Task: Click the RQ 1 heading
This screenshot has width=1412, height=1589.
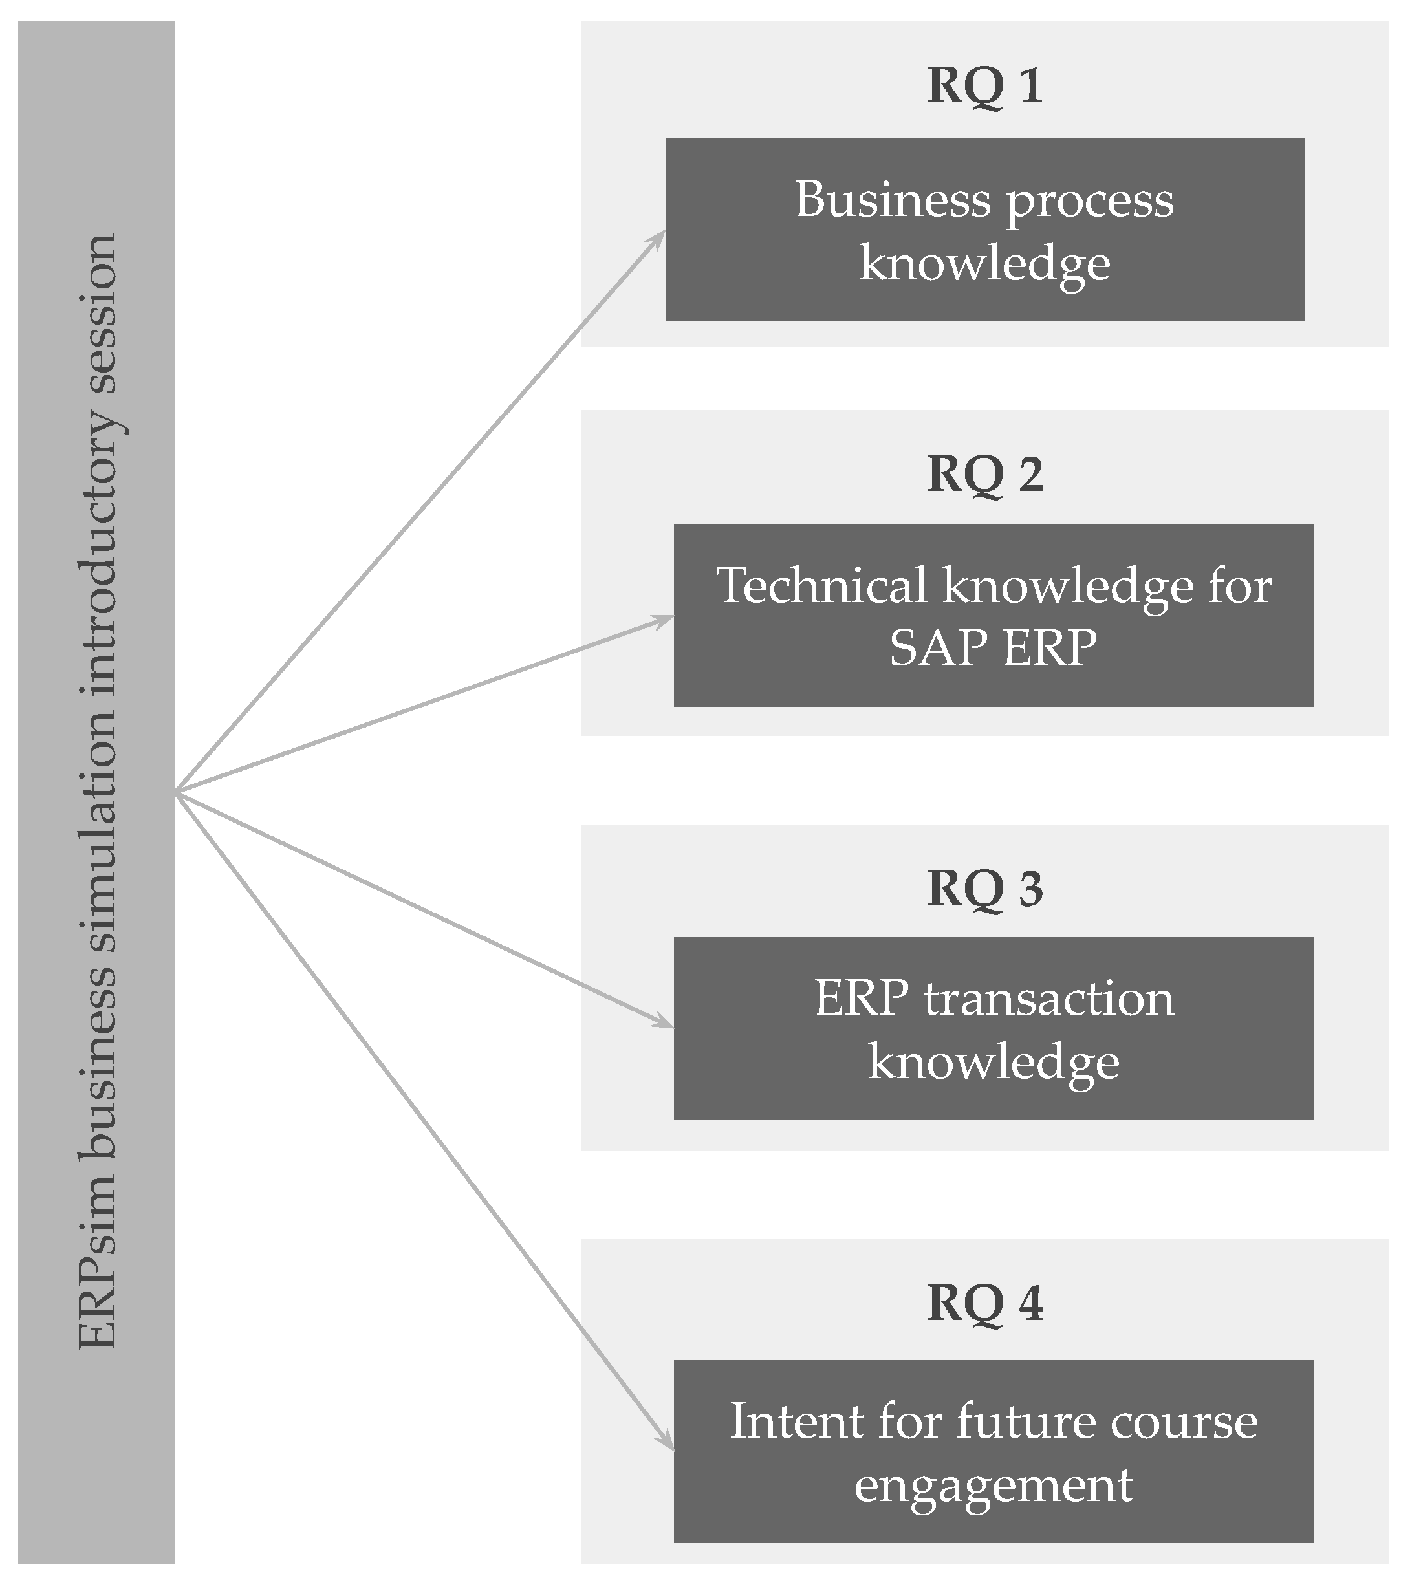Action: (x=984, y=85)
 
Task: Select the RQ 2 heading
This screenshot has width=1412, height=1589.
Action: (x=984, y=473)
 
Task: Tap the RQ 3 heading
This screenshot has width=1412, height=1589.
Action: (x=984, y=888)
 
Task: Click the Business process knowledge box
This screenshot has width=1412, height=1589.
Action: (x=984, y=230)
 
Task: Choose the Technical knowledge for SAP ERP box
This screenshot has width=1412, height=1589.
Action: (x=993, y=615)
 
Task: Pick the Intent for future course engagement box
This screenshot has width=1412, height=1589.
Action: (x=993, y=1443)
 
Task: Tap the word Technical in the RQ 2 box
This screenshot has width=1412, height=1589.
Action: (x=821, y=585)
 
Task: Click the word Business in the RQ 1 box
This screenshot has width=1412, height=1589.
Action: (x=893, y=200)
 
